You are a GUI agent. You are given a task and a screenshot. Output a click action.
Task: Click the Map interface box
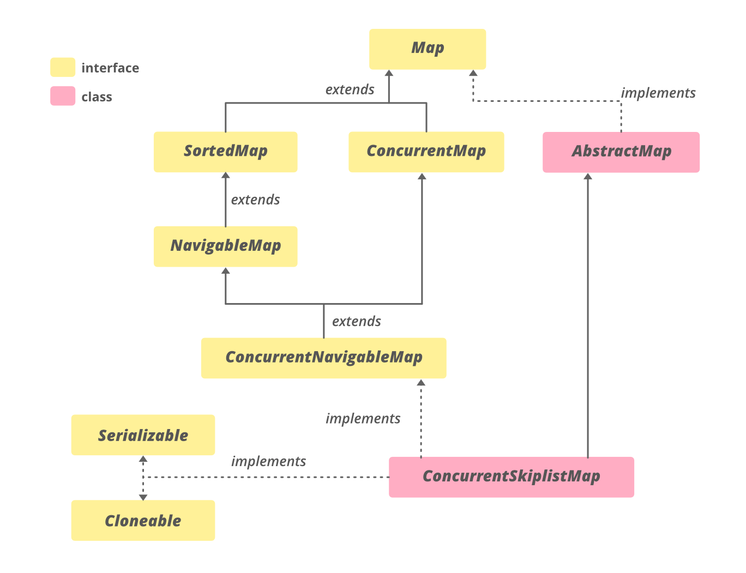(427, 49)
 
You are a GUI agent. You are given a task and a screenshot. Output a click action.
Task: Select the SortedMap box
(225, 152)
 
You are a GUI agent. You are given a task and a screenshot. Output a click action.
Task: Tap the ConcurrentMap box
(426, 152)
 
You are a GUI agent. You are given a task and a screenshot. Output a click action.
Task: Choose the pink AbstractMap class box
(621, 152)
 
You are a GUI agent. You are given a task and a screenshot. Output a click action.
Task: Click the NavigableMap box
(225, 246)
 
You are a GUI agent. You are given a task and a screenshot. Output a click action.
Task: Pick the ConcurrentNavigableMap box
(323, 358)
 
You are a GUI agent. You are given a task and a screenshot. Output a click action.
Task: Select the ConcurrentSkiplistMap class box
(511, 477)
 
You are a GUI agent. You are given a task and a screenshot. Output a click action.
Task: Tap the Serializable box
(143, 435)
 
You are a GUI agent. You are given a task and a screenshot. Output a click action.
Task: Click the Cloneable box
(143, 521)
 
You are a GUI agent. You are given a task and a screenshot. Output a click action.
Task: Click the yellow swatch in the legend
(63, 68)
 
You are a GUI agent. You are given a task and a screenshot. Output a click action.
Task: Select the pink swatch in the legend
(63, 96)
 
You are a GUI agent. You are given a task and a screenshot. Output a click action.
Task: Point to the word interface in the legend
(110, 68)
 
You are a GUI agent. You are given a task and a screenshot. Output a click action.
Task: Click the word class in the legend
(97, 97)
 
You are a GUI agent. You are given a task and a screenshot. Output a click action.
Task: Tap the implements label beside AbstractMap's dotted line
(658, 93)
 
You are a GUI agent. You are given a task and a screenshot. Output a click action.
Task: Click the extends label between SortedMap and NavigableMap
(255, 200)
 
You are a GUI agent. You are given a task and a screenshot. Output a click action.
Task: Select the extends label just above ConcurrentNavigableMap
(356, 322)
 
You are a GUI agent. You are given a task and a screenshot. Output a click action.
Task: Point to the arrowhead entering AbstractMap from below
(588, 177)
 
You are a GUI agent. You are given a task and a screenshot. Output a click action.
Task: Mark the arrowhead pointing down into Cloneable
(143, 497)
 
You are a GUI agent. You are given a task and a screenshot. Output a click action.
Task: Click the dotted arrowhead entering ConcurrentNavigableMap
(421, 383)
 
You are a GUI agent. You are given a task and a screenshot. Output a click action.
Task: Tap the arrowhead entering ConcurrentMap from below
(422, 176)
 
